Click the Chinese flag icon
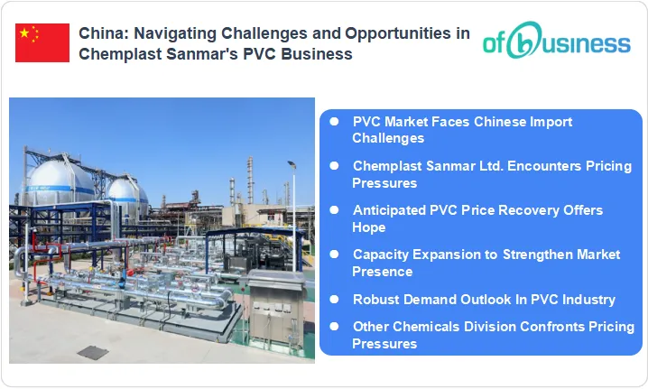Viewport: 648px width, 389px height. [x=42, y=43]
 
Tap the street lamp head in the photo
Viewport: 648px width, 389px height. [x=292, y=164]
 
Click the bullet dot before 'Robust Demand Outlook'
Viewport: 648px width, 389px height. [x=335, y=298]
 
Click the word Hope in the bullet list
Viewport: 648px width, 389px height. [x=368, y=227]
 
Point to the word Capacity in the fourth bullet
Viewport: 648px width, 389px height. [x=382, y=255]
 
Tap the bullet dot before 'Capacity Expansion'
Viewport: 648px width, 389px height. [x=335, y=254]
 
